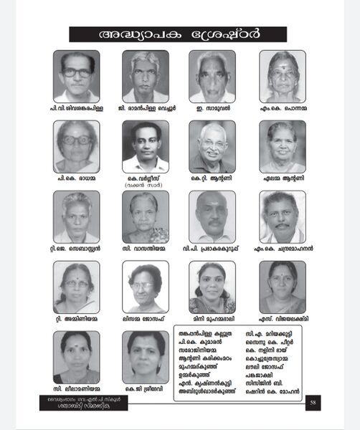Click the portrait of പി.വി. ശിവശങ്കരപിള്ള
77,76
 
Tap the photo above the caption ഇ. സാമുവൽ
212,76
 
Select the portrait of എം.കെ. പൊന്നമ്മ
283,76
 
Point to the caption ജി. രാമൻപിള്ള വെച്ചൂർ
146,109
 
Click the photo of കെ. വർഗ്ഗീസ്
146,146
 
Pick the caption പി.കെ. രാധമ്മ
76,178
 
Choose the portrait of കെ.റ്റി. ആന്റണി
212,146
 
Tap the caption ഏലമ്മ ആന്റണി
283,178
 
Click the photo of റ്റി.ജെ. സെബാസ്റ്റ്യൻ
77,216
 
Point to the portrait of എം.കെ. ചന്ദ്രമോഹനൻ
283,216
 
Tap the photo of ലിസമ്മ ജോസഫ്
146,287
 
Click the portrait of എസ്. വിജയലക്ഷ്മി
283,287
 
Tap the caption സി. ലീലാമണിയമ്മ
76,388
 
